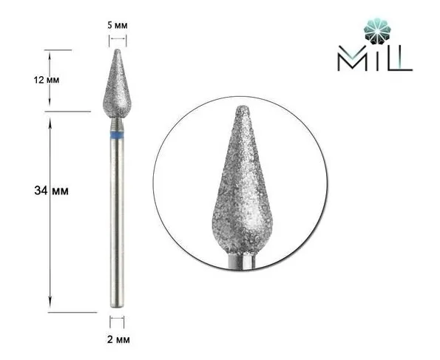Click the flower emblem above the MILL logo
click(x=376, y=32)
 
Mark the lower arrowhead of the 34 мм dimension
click(x=50, y=309)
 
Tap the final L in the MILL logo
click(x=403, y=60)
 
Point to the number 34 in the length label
click(x=41, y=191)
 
